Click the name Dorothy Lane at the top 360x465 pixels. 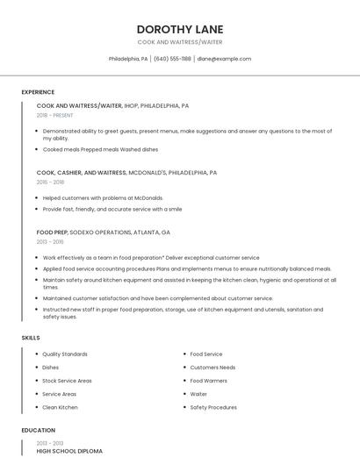pos(180,29)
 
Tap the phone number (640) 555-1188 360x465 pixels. pos(172,59)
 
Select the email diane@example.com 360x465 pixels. pos(224,59)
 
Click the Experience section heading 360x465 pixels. pos(38,92)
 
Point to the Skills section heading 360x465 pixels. pos(31,337)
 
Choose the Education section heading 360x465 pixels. pos(38,430)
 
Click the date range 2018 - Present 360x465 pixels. pos(54,115)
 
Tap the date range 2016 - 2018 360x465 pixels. pos(50,182)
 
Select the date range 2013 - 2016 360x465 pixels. pos(50,242)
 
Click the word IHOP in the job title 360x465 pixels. pos(133,105)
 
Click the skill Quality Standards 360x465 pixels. pos(65,354)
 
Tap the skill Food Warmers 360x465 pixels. pos(208,381)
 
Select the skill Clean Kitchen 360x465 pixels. pos(60,407)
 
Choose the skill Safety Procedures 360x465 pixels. pos(213,407)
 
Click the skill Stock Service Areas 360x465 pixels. pos(67,381)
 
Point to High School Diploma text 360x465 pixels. pos(69,451)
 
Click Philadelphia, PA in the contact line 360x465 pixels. pos(128,59)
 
